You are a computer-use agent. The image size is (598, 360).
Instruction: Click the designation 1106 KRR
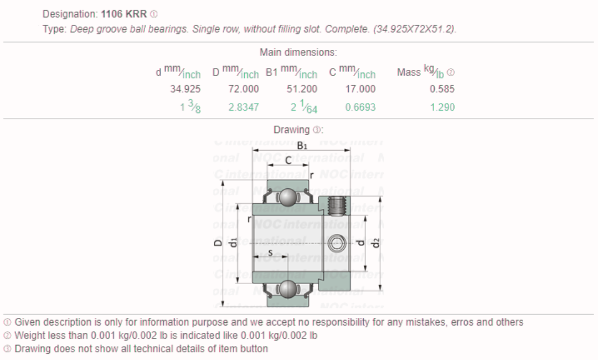click(123, 14)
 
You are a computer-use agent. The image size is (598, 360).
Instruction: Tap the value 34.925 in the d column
click(185, 89)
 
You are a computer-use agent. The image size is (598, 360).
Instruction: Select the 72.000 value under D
click(243, 89)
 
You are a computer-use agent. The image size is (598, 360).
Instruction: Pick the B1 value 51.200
click(302, 89)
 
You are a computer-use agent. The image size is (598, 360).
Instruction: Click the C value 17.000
click(360, 89)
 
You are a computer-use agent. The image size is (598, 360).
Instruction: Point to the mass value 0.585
click(442, 89)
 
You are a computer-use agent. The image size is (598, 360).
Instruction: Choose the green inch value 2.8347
click(243, 107)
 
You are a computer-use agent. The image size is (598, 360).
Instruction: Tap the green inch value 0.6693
click(360, 107)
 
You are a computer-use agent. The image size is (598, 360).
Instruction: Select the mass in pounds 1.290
click(442, 107)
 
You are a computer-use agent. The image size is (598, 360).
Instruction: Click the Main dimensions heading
click(298, 52)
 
